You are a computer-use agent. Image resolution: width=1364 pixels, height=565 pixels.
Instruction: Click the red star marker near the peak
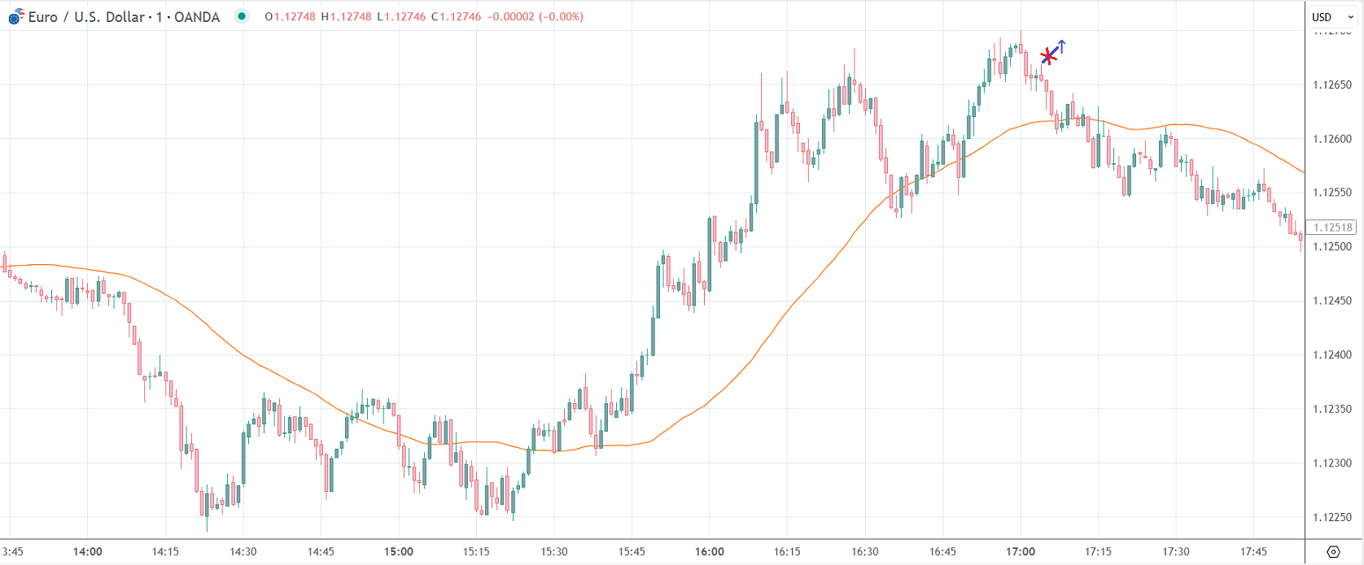[x=1048, y=57]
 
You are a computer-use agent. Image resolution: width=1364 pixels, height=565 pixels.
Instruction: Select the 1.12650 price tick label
[x=1331, y=85]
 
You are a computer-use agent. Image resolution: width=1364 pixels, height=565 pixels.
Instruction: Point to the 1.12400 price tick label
[x=1331, y=355]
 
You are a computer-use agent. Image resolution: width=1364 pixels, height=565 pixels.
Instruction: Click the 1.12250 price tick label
[x=1331, y=517]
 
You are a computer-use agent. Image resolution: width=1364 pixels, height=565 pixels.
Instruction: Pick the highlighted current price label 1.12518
[x=1332, y=228]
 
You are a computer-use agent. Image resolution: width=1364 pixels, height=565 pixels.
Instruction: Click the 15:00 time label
[x=399, y=551]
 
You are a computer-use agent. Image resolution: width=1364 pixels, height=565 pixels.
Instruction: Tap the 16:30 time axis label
[x=865, y=551]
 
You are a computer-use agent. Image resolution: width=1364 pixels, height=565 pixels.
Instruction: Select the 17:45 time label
[x=1253, y=551]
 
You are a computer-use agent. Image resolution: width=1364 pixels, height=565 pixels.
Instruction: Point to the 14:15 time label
[x=165, y=551]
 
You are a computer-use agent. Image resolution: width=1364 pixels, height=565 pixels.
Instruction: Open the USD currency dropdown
[x=1332, y=17]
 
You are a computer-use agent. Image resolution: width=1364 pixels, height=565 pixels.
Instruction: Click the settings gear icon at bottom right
[x=1333, y=552]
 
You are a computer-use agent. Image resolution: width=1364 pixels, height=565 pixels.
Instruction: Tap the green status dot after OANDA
[x=242, y=16]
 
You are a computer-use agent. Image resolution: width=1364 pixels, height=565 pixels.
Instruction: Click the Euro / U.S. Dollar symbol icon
[x=15, y=16]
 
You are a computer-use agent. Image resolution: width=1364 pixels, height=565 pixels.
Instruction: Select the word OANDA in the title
[x=196, y=16]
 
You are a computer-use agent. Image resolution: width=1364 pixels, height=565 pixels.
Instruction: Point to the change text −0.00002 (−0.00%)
[x=535, y=16]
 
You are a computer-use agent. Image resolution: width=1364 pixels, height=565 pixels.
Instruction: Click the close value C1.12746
[x=457, y=16]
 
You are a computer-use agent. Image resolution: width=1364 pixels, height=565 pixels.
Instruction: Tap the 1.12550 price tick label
[x=1331, y=193]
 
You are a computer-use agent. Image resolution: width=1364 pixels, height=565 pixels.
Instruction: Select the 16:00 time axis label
[x=710, y=551]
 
